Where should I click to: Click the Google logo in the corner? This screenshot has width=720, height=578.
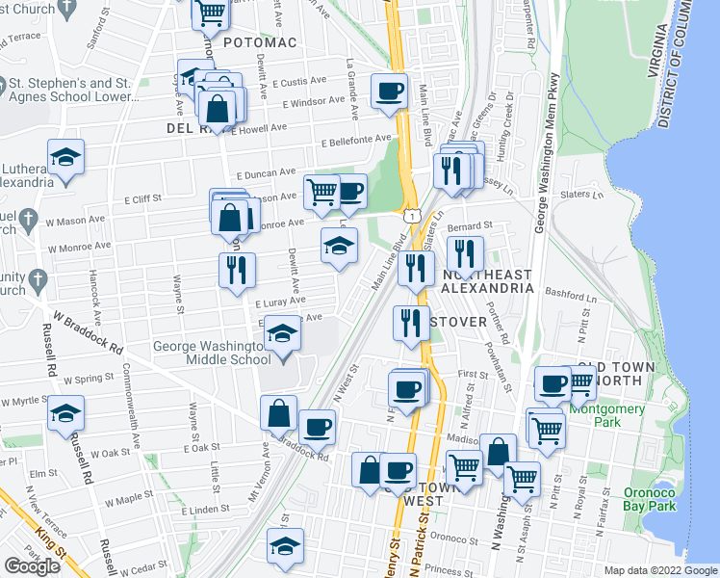32,566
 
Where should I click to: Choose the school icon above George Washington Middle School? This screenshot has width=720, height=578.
282,334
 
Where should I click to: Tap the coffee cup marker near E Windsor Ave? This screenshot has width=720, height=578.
389,92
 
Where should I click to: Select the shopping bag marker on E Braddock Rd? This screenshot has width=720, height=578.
278,411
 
